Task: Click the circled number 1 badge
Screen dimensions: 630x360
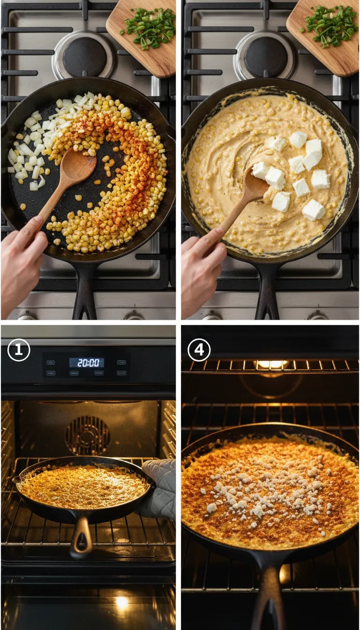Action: pyautogui.click(x=19, y=350)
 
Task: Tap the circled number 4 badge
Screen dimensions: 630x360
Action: pyautogui.click(x=199, y=350)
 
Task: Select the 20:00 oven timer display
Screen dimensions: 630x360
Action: pyautogui.click(x=87, y=362)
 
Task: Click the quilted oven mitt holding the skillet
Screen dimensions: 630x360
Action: pyautogui.click(x=159, y=487)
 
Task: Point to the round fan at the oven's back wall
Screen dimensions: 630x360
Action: pyautogui.click(x=88, y=435)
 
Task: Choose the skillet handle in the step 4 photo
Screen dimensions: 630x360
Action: pyautogui.click(x=269, y=595)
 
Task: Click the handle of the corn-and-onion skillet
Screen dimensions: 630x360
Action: pyautogui.click(x=85, y=291)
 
